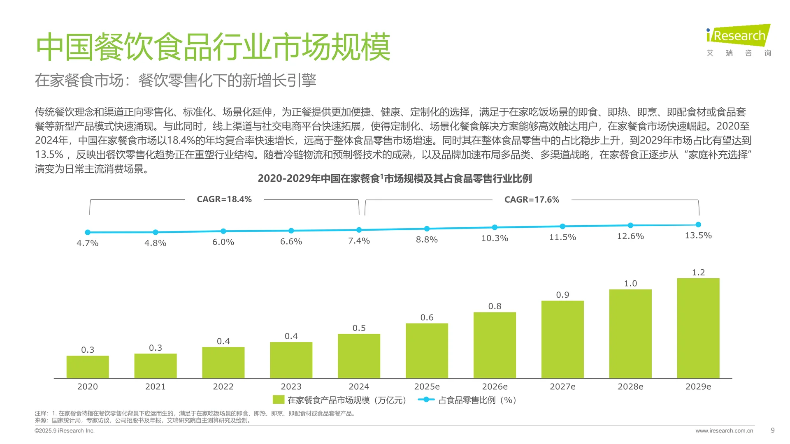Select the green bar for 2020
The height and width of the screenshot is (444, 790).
(x=88, y=367)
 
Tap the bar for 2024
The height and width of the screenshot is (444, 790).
(x=359, y=356)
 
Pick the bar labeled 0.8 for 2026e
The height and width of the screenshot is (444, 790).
(x=495, y=345)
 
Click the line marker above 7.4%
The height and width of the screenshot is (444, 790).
(x=359, y=230)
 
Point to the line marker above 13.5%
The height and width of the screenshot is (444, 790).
(x=698, y=224)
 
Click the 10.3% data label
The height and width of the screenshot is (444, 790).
(x=495, y=238)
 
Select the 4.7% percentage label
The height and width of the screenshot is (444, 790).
(x=88, y=243)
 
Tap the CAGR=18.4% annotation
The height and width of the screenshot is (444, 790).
(x=224, y=199)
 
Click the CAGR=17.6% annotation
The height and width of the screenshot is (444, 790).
(x=532, y=200)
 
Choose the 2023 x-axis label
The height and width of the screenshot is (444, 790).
(x=291, y=386)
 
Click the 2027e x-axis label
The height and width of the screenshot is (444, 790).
(x=562, y=386)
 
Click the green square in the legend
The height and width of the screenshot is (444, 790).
(x=279, y=400)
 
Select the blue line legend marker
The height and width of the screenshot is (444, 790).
(x=426, y=400)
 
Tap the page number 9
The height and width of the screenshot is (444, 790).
(x=772, y=430)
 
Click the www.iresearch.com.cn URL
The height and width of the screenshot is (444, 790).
(x=724, y=431)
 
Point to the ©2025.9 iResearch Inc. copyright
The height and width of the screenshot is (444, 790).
(x=65, y=431)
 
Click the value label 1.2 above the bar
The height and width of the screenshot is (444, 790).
(x=698, y=273)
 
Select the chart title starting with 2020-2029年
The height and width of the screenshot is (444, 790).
(x=395, y=178)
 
